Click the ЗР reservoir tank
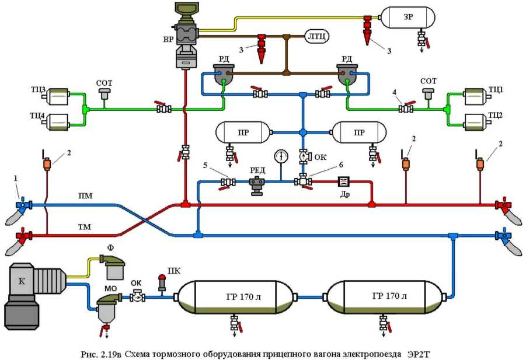pos(408,18)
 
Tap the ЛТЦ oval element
pos(316,37)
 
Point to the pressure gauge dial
pos(281,157)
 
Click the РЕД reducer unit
pos(258,182)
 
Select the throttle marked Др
pos(343,181)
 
